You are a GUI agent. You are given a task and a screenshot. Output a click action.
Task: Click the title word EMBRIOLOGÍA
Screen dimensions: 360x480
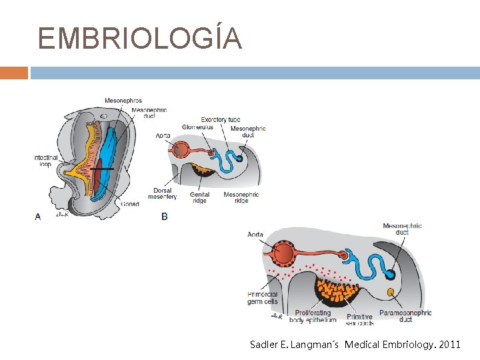139,39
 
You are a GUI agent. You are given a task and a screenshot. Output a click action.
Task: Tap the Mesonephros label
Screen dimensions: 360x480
123,101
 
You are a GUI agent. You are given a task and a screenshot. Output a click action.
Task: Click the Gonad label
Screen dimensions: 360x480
130,204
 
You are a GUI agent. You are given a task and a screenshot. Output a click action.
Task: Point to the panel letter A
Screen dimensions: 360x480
37,216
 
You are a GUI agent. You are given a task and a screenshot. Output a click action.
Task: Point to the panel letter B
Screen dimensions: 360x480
165,216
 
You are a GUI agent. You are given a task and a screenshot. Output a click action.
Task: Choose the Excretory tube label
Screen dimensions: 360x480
221,120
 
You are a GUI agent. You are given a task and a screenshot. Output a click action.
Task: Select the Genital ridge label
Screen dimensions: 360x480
199,197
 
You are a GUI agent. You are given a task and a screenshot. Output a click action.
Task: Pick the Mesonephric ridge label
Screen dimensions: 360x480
241,197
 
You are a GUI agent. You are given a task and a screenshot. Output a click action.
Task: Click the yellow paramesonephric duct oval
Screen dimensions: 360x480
390,291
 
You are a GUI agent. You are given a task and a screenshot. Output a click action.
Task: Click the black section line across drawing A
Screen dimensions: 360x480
103,170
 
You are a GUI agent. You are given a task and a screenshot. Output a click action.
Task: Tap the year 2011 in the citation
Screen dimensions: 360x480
451,345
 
